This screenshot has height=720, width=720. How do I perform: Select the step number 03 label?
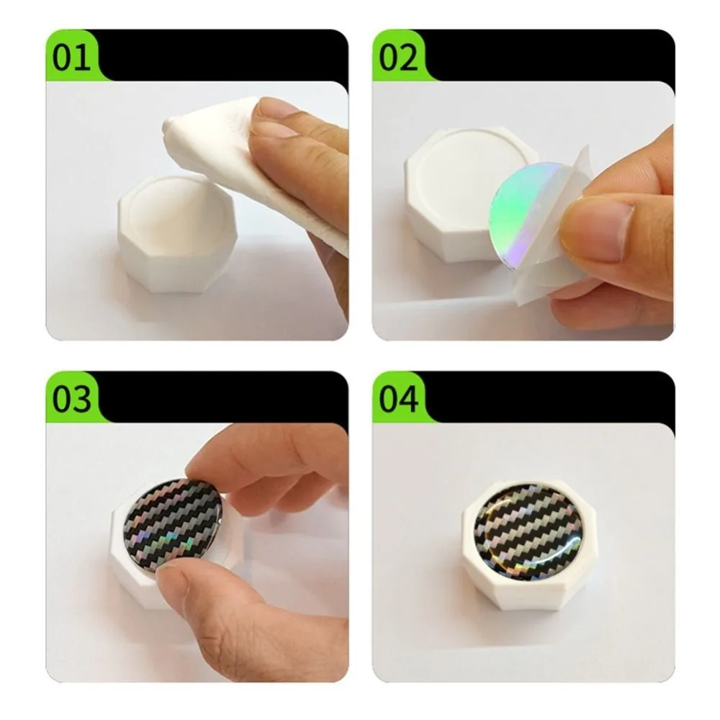point(72,397)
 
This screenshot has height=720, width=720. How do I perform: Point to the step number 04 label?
point(399,397)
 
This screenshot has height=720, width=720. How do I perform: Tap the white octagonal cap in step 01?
point(173,238)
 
